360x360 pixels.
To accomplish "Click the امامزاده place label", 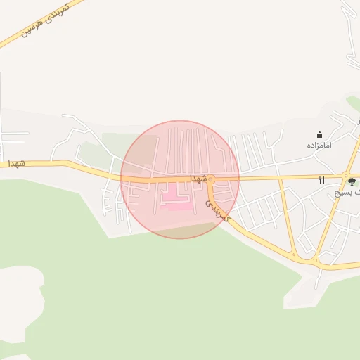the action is point(319,145).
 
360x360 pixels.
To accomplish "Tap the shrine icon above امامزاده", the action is point(319,134).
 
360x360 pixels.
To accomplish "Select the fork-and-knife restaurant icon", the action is point(321,180).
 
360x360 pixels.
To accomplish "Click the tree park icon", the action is point(351,181).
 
